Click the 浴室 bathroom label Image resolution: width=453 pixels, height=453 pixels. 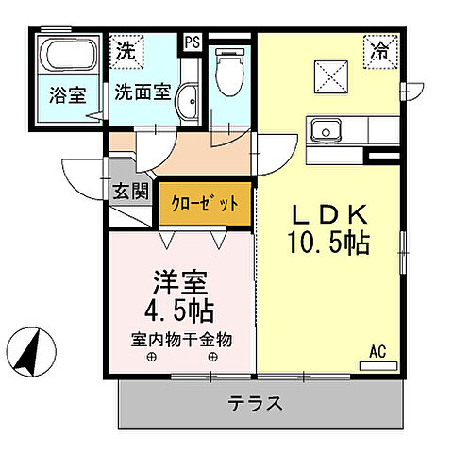pos(66,94)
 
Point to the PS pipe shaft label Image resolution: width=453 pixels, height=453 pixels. pos(192,42)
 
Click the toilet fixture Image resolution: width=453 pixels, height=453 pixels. pos(229,65)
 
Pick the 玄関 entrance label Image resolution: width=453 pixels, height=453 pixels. pos(131,192)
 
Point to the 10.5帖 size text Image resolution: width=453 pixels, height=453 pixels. pos(328,242)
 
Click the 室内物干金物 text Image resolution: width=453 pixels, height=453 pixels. pos(181,339)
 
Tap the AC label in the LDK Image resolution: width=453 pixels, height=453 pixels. pos(377,352)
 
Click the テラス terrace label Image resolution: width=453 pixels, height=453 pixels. pos(255,406)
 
